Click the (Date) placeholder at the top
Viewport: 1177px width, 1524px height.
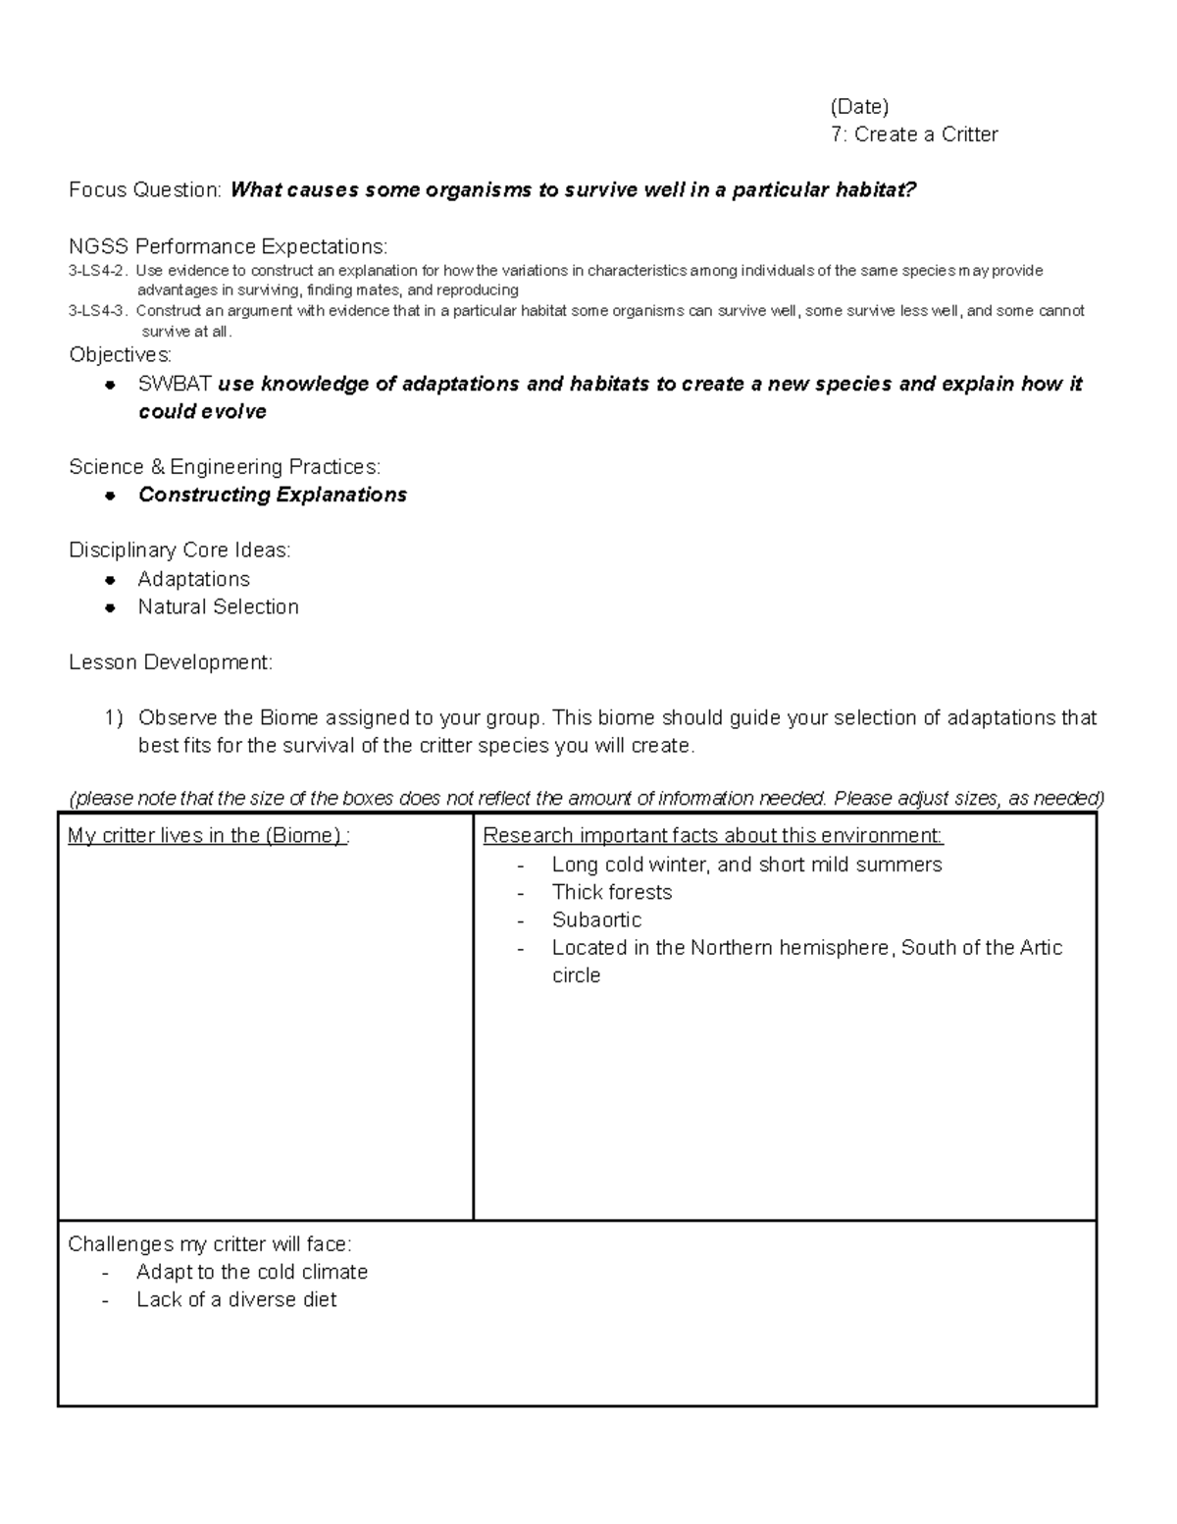pyautogui.click(x=858, y=107)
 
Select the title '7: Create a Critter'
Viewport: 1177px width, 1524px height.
pyautogui.click(x=913, y=134)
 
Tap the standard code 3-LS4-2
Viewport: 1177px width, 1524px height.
pyautogui.click(x=98, y=271)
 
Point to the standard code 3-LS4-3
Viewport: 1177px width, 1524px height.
pyautogui.click(x=98, y=311)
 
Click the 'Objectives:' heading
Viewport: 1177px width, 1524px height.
pyautogui.click(x=120, y=354)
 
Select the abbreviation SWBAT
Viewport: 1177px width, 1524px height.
pyautogui.click(x=175, y=384)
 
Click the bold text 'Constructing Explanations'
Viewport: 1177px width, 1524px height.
pyautogui.click(x=273, y=495)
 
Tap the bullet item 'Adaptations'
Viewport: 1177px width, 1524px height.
pyautogui.click(x=193, y=579)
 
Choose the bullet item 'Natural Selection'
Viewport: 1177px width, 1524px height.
pyautogui.click(x=218, y=607)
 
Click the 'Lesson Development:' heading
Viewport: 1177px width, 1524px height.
pyautogui.click(x=171, y=662)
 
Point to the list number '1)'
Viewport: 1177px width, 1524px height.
pyautogui.click(x=114, y=718)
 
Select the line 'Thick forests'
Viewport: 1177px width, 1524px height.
pyautogui.click(x=611, y=892)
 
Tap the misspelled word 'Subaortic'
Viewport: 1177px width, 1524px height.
pyautogui.click(x=596, y=920)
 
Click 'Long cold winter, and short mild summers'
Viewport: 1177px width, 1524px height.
pyautogui.click(x=746, y=865)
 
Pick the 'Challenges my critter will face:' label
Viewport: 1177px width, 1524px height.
pyautogui.click(x=209, y=1244)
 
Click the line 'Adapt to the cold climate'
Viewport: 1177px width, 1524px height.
pyautogui.click(x=252, y=1272)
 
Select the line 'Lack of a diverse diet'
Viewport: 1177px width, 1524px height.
pyautogui.click(x=236, y=1299)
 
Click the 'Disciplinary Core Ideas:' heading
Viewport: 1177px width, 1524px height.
pyautogui.click(x=179, y=551)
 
